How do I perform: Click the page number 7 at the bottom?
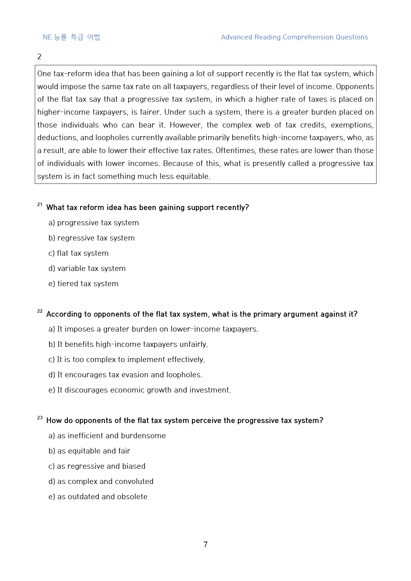(x=206, y=545)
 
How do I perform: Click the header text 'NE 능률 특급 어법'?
(x=71, y=37)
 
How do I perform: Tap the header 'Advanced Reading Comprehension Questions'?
(x=294, y=37)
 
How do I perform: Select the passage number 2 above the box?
(x=39, y=57)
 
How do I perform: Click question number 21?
(x=40, y=205)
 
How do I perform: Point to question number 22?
(x=40, y=311)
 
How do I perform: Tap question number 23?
(x=40, y=418)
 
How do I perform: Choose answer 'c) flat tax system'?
(x=79, y=253)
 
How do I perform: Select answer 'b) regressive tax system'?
(x=91, y=238)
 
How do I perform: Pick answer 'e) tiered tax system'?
(x=84, y=284)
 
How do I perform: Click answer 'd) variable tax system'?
(x=87, y=269)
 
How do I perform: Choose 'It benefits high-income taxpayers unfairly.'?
(x=128, y=344)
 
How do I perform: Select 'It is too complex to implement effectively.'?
(x=127, y=360)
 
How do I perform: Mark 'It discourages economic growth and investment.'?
(x=140, y=390)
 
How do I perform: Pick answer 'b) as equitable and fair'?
(x=89, y=451)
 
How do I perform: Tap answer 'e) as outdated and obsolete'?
(x=98, y=497)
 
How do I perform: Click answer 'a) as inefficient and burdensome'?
(x=107, y=436)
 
